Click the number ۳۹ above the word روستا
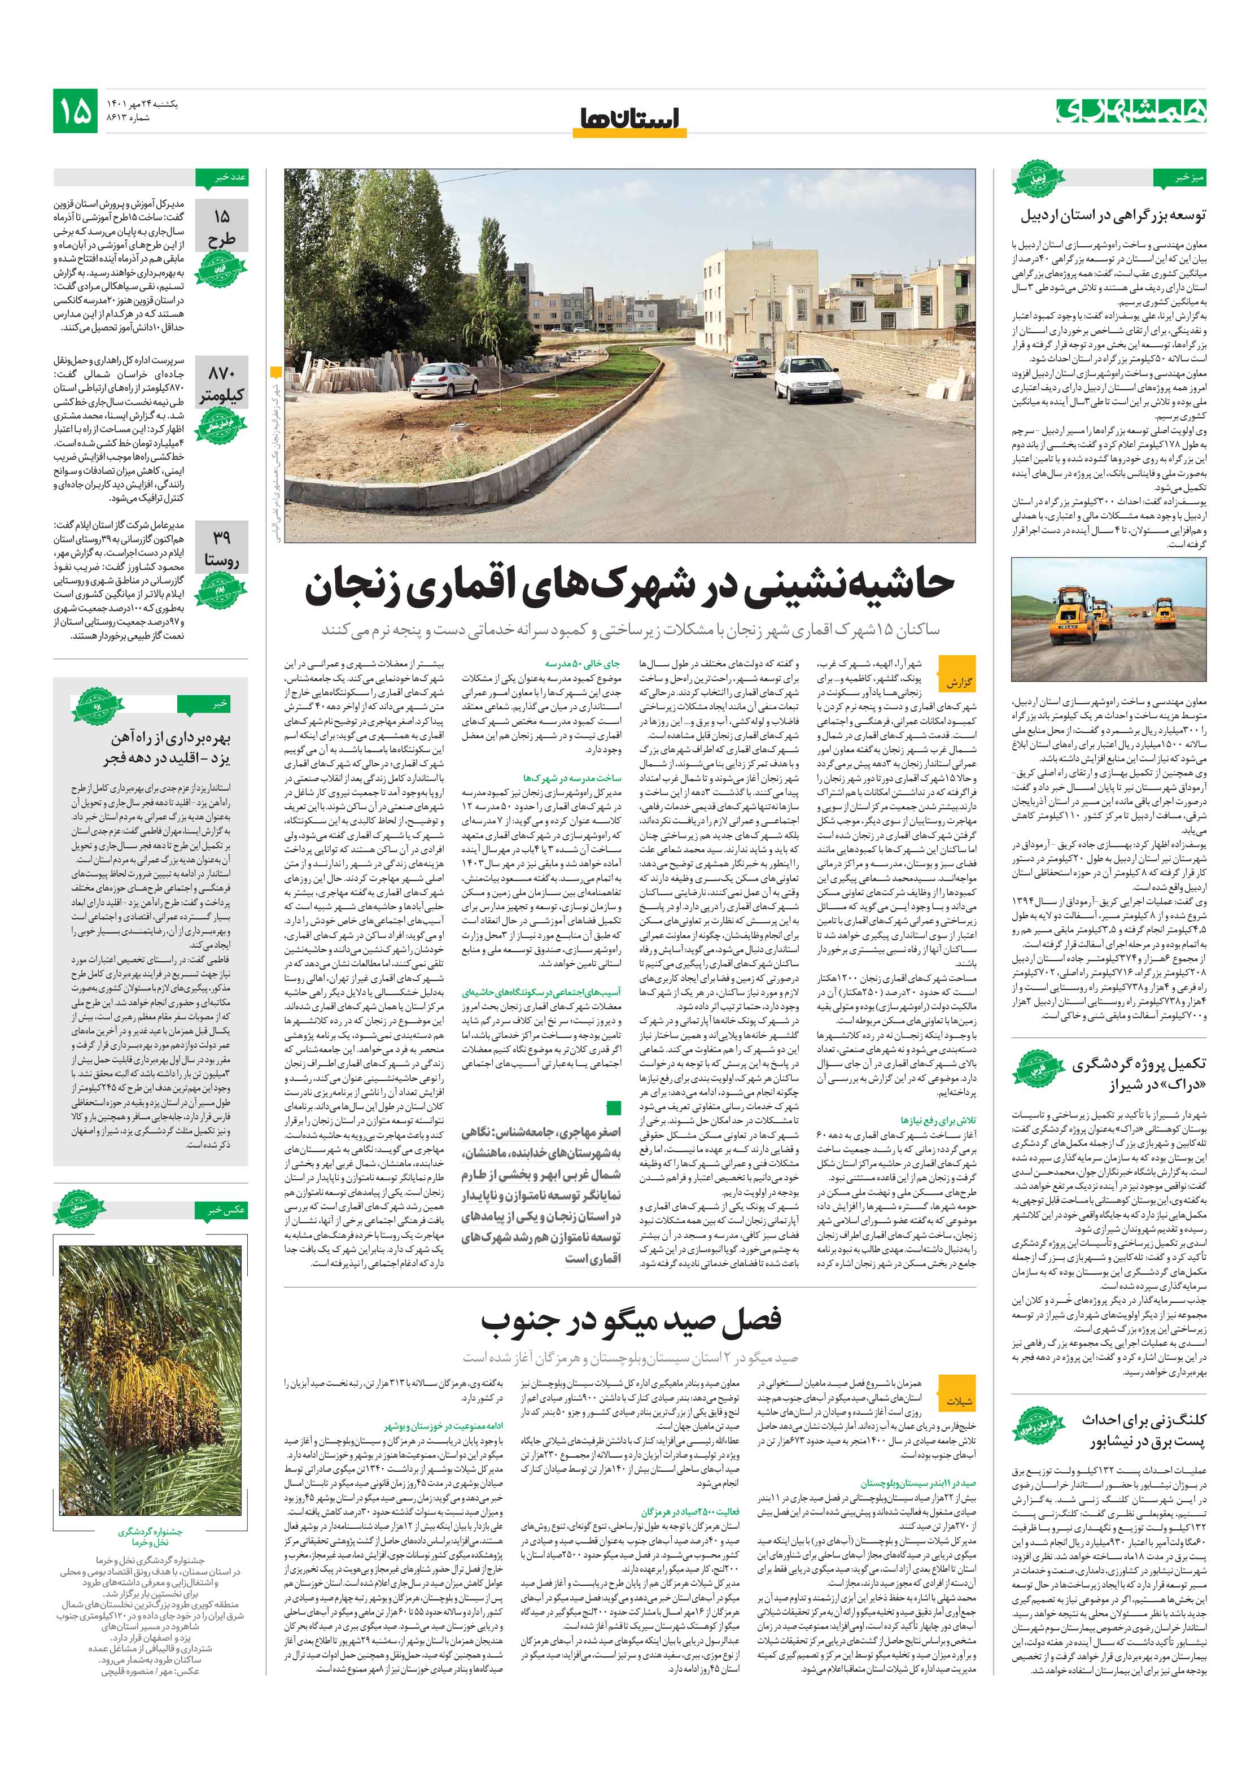[x=221, y=537]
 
